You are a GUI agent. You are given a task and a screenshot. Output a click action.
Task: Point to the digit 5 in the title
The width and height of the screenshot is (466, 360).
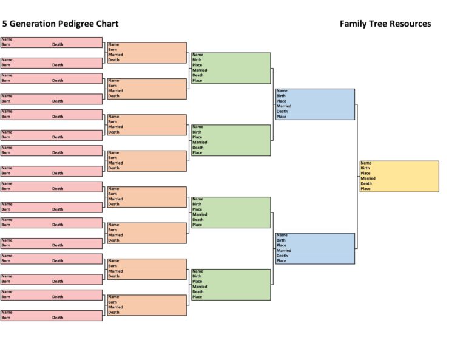5,24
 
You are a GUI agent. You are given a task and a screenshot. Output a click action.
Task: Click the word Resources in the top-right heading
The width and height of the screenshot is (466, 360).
411,24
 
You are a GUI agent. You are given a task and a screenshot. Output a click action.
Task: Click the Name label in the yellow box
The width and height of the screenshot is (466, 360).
366,163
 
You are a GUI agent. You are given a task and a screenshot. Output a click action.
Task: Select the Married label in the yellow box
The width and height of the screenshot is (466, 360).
368,178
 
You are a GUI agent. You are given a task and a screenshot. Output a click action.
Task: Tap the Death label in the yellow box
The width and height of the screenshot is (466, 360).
366,183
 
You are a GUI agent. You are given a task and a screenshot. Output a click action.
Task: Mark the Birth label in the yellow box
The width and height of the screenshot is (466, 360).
365,168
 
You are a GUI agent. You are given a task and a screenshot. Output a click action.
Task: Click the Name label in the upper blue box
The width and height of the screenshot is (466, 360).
282,91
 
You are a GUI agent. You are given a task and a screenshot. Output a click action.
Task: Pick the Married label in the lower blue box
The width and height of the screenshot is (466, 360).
284,251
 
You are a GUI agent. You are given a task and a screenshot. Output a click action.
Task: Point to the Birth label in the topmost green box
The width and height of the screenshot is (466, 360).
197,60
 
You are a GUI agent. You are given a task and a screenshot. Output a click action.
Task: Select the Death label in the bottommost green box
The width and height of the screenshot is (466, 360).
198,292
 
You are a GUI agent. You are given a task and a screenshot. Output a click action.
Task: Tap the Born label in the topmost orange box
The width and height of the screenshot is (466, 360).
113,50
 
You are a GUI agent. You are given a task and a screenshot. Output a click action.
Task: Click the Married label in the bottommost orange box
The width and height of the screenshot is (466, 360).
115,307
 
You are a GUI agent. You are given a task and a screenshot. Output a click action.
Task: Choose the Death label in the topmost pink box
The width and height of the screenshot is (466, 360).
58,44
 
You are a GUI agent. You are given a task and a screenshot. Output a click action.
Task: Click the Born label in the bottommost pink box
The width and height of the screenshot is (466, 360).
5,318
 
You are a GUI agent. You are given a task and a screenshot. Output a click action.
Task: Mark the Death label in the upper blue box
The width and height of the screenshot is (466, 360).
282,112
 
